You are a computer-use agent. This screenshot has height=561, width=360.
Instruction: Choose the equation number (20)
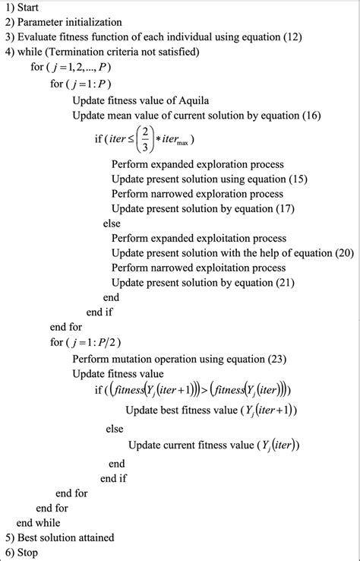click(339, 252)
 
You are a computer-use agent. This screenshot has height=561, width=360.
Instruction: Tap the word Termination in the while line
click(87, 53)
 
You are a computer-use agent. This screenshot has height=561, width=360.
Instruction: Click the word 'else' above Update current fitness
click(115, 429)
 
